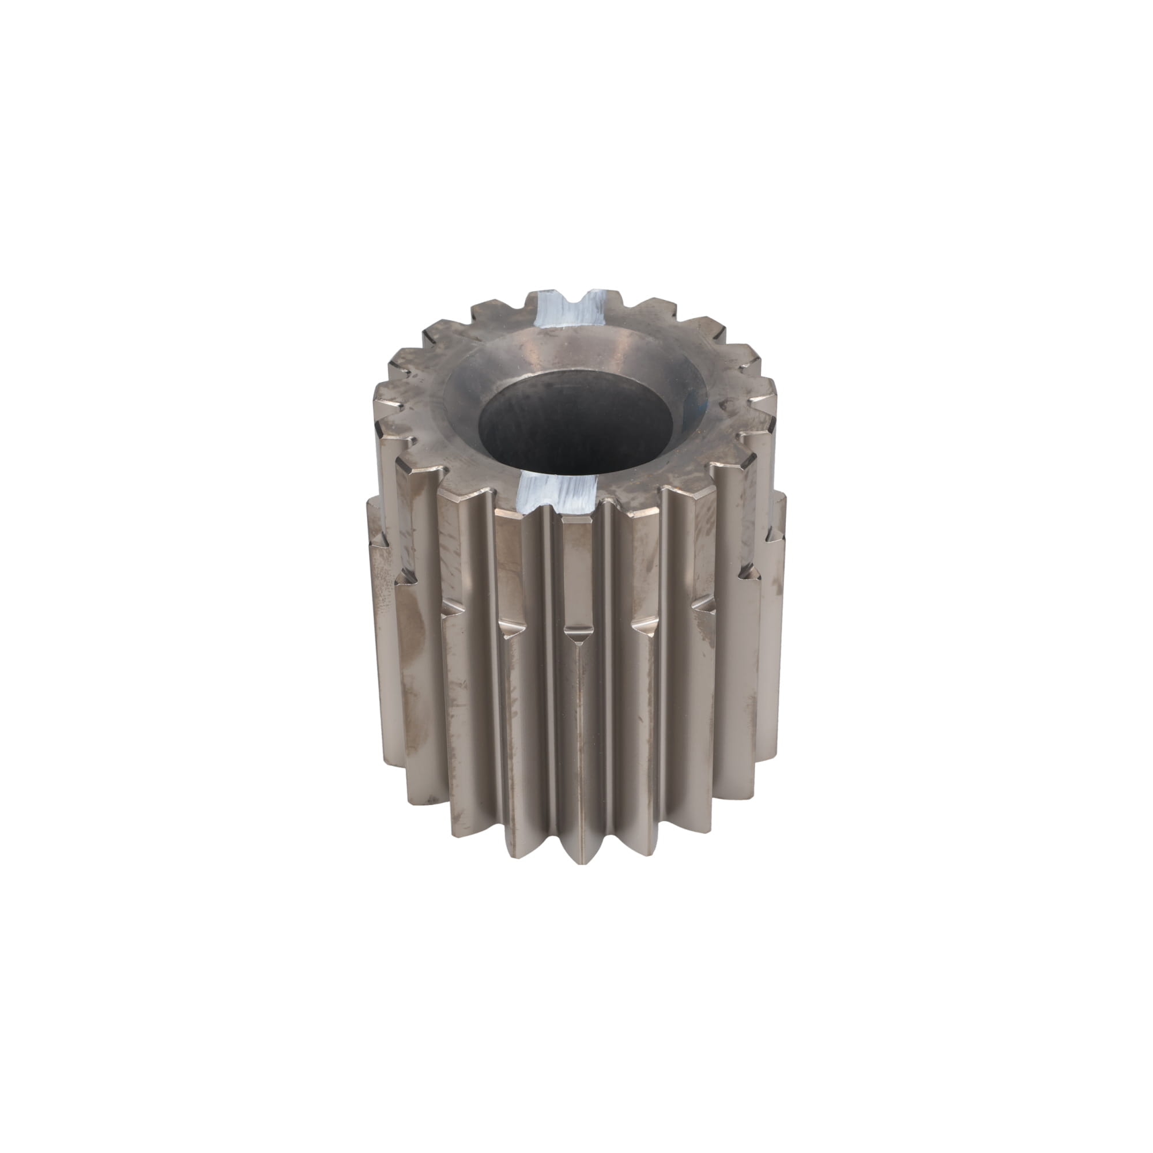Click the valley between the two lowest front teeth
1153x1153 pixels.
click(603, 860)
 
